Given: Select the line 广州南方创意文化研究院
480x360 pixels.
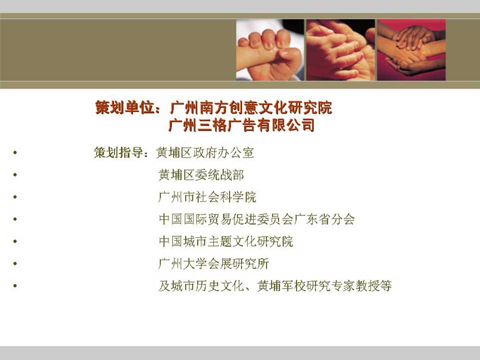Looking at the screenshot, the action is (251, 108).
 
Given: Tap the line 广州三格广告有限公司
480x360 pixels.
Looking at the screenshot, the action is (241, 125).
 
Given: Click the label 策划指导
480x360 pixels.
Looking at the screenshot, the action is (119, 152).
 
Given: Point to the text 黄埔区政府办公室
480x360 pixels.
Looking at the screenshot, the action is (205, 152).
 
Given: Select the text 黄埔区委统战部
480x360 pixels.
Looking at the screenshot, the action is (201, 175).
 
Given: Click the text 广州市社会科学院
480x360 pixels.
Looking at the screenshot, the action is (207, 197).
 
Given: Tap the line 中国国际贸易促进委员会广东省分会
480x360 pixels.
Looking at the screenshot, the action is (256, 219).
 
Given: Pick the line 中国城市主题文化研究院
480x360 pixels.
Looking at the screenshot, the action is (226, 241).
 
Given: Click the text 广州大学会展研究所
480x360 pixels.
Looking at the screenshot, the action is (213, 263).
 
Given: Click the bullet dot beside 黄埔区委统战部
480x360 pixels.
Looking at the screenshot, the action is (15, 175).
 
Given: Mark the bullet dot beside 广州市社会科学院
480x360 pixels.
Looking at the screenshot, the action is (15, 197).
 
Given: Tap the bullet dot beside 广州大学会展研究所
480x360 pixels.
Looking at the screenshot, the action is (15, 263).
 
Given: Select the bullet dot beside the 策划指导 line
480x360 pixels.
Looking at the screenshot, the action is (15, 152).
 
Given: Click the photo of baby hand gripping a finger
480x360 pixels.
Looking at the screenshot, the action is (270, 50).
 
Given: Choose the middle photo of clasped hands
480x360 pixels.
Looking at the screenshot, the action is (340, 50).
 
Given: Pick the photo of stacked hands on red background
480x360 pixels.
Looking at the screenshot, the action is (411, 50).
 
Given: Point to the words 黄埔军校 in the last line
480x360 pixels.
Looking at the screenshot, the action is (281, 286).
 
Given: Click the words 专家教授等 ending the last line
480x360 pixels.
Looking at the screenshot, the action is (361, 286).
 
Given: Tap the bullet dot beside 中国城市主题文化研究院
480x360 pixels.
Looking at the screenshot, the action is (15, 241).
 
